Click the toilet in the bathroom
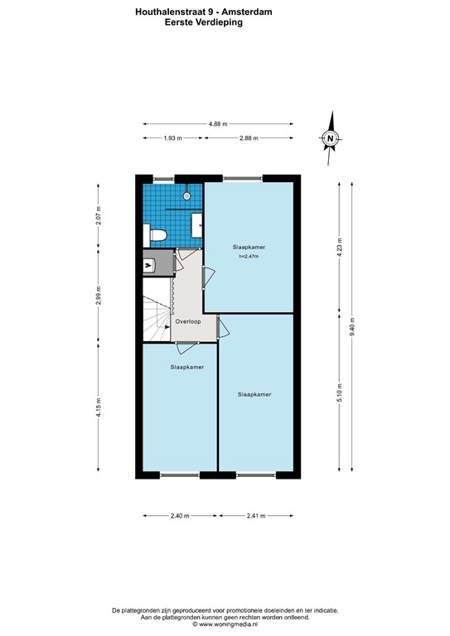pos(155,235)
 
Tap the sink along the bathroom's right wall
pos(196,225)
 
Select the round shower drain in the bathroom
pos(186,196)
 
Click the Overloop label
pos(188,321)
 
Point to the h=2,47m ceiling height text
pos(249,257)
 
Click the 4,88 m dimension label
pos(218,124)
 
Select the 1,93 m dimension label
pos(173,138)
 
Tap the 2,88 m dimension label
pos(249,138)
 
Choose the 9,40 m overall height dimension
pos(352,327)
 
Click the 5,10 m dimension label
pos(340,393)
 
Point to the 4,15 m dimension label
pos(98,407)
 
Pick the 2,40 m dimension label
pos(180,516)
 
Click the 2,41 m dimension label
pos(256,516)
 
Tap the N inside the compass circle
pos(331,138)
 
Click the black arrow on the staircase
pos(167,326)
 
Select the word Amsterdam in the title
pos(250,12)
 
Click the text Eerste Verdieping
pos(204,22)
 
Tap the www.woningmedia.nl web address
pos(228,624)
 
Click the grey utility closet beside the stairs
pos(158,263)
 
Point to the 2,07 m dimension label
pos(98,216)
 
